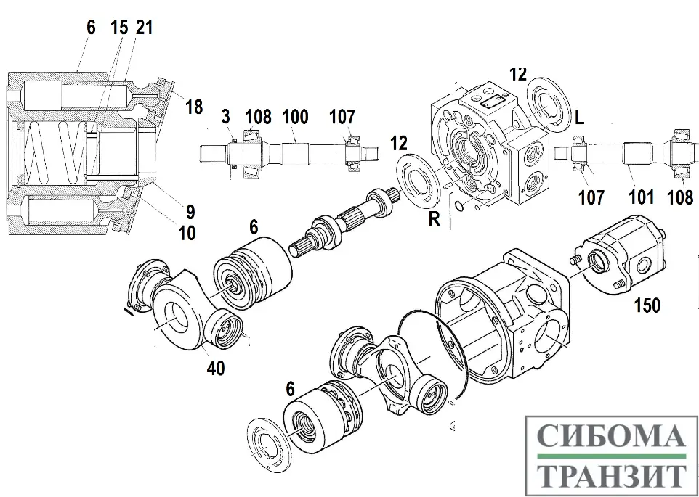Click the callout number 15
[118, 28]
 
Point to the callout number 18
[193, 107]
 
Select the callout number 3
[226, 116]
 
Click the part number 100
[295, 116]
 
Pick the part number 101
[642, 196]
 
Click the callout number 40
[215, 367]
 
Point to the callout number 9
[190, 212]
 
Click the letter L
[579, 118]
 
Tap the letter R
[434, 218]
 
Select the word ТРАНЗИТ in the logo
[611, 475]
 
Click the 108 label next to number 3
[258, 116]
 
